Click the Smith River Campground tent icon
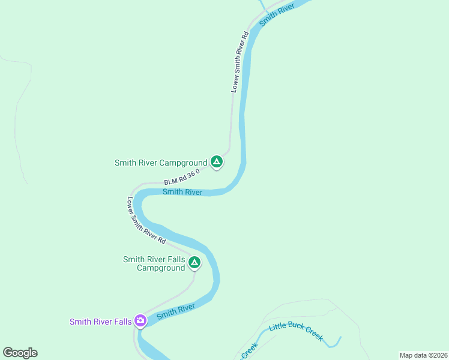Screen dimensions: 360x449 point(217,162)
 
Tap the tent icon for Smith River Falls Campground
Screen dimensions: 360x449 point(194,262)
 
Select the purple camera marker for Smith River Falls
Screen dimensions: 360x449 point(140,322)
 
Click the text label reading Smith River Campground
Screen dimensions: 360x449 point(161,163)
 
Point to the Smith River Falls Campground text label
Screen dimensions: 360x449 point(154,263)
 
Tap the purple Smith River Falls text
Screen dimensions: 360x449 point(100,322)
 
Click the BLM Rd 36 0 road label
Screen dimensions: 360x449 point(181,178)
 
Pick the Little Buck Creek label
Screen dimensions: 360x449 point(296,331)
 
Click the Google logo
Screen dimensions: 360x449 point(20,353)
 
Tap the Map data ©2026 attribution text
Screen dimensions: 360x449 point(423,355)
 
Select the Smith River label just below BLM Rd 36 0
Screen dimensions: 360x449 point(182,192)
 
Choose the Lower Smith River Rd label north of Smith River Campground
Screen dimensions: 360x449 point(240,62)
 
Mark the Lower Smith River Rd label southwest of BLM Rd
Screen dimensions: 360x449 point(146,220)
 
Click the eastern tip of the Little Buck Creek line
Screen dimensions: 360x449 point(340,338)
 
